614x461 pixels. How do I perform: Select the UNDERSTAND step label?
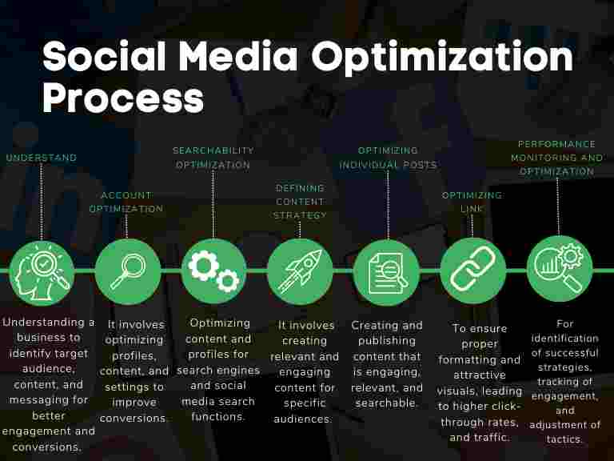click(x=42, y=158)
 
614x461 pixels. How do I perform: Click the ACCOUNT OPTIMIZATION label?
click(x=126, y=202)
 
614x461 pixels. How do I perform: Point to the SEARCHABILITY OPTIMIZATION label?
click(x=213, y=158)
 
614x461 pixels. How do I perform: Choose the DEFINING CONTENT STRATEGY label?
click(x=300, y=202)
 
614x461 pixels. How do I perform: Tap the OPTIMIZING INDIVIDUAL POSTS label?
click(x=388, y=158)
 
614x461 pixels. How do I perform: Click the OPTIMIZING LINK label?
click(x=472, y=202)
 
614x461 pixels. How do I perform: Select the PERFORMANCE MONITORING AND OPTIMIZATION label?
click(x=557, y=158)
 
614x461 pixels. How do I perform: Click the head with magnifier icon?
click(x=41, y=271)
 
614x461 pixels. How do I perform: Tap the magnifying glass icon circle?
click(x=127, y=271)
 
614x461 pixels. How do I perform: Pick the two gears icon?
click(x=213, y=271)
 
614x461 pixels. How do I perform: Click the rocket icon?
click(x=300, y=271)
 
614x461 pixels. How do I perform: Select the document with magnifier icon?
click(x=386, y=271)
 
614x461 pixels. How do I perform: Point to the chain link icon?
click(x=472, y=271)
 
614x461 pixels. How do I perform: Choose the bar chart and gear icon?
click(x=559, y=271)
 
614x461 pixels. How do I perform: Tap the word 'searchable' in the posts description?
click(x=385, y=403)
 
